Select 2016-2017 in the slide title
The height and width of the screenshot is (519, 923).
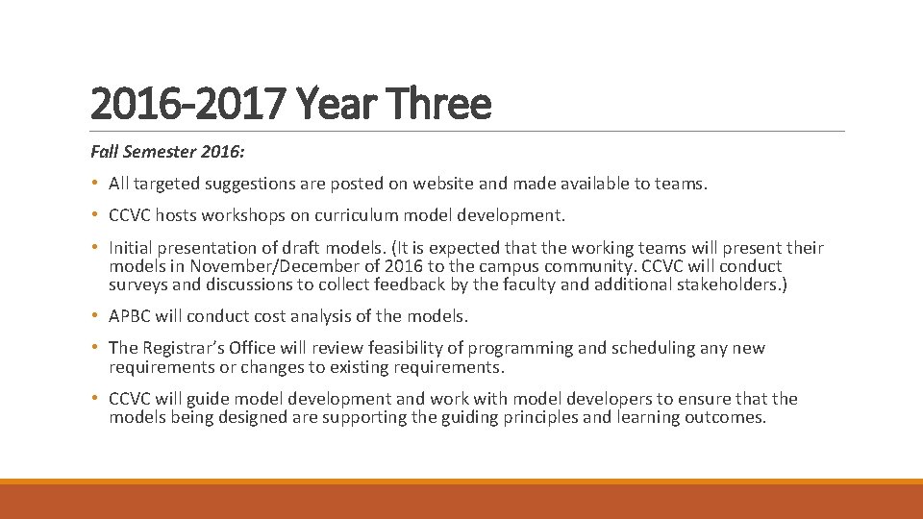click(x=189, y=104)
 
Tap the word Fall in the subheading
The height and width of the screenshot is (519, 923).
click(x=105, y=152)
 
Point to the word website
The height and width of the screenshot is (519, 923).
click(x=447, y=184)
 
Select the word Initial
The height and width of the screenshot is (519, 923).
click(x=132, y=247)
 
